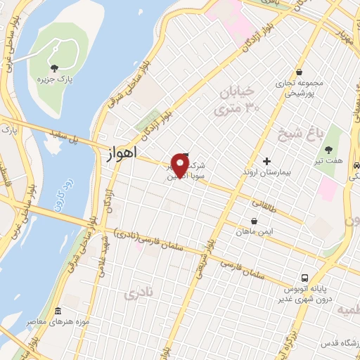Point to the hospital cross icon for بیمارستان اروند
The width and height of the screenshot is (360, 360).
pos(266,160)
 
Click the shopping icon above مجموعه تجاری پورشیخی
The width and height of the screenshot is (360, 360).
pos(299,72)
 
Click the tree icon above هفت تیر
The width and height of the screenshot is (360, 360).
pos(328,148)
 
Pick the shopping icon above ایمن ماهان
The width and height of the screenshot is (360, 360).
pos(254,220)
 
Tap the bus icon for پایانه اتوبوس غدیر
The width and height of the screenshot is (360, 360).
pos(304,278)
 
